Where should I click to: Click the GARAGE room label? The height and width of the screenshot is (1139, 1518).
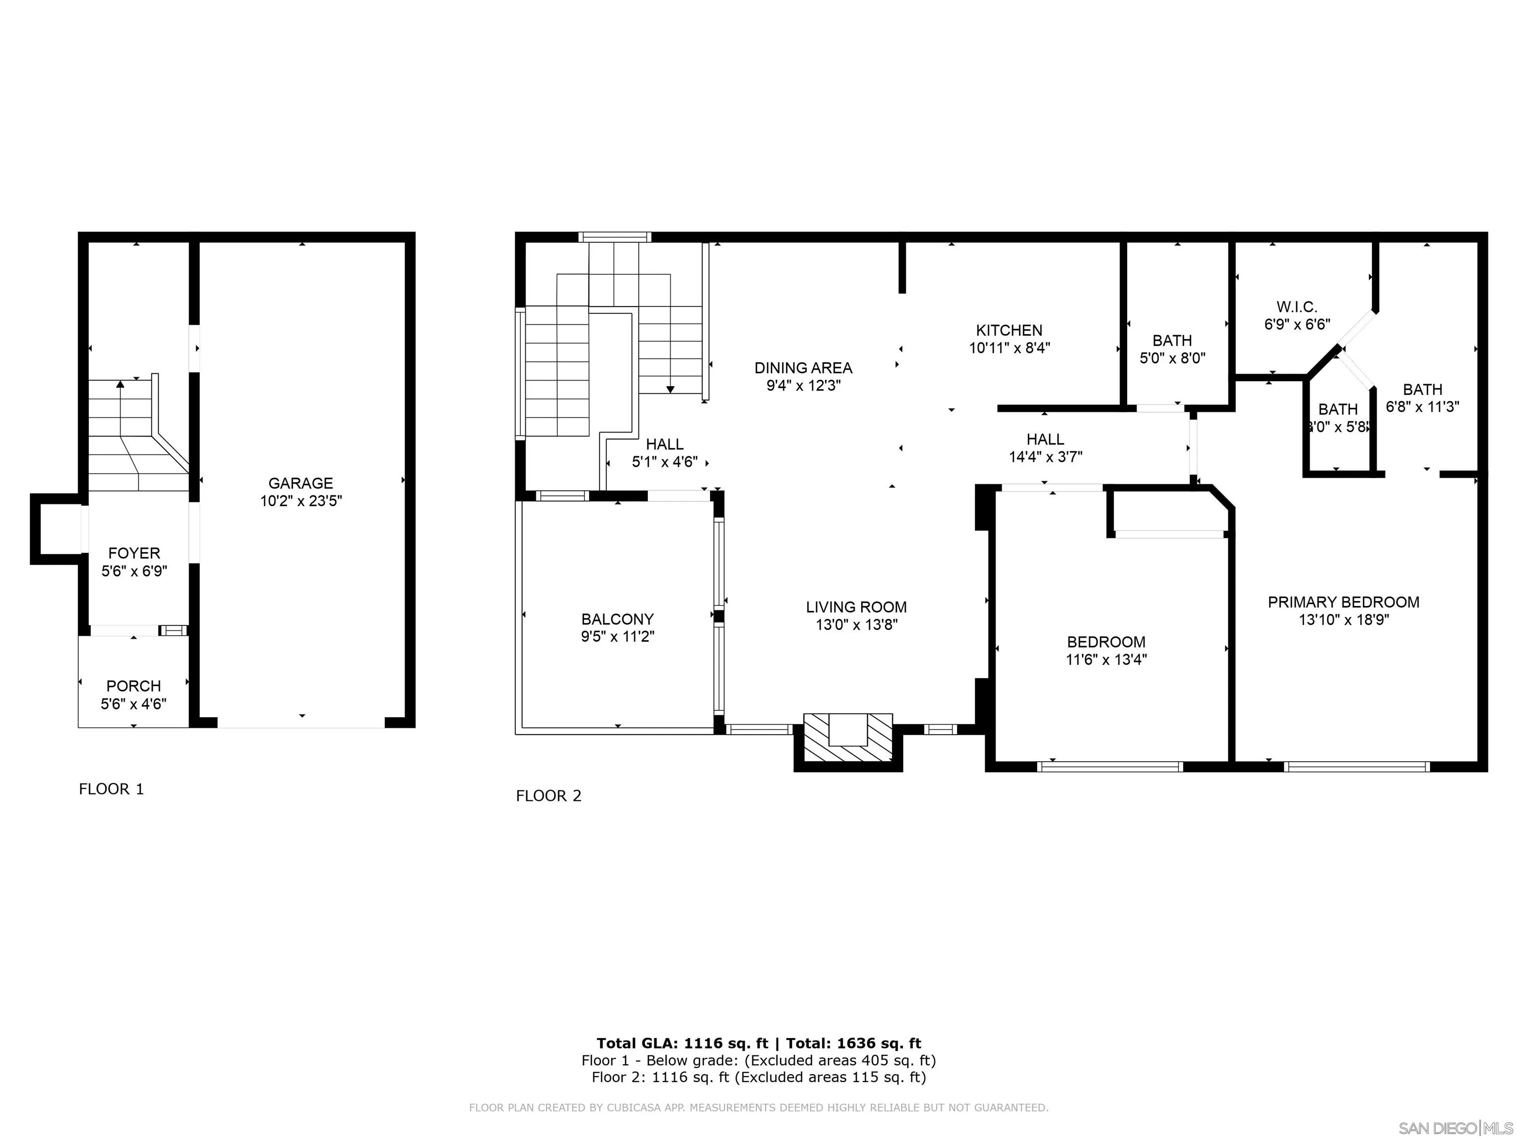(300, 483)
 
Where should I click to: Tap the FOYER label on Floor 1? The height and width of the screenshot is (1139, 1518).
(134, 553)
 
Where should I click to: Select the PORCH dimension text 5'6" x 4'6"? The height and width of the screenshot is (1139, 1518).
(134, 704)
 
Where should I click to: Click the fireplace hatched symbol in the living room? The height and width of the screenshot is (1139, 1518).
(848, 738)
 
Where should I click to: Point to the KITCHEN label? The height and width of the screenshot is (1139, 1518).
(1010, 330)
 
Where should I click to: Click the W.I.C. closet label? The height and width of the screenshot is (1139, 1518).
(1297, 307)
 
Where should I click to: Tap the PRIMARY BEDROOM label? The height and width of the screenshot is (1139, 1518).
(1344, 602)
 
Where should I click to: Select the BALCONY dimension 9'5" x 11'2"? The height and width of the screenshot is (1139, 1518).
(618, 636)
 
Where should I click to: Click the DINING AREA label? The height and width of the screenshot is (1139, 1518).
(803, 368)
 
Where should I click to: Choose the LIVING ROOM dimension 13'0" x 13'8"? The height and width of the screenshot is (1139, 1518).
(856, 625)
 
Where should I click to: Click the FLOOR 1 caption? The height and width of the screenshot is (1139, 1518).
(111, 789)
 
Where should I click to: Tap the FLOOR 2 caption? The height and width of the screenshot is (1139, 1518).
(549, 796)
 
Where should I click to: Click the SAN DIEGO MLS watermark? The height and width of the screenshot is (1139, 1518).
(1456, 1128)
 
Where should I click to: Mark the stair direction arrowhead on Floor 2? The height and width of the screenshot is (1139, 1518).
(671, 389)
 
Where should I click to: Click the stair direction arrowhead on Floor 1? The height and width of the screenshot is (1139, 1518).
(120, 384)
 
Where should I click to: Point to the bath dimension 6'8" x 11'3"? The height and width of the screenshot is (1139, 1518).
(1423, 406)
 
